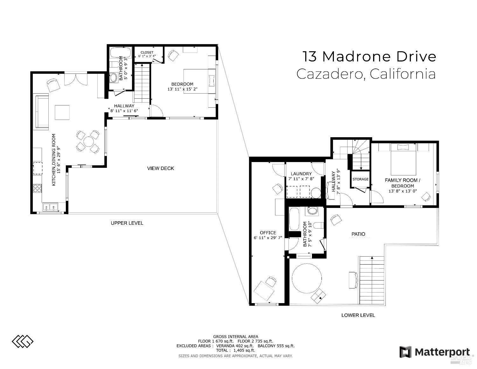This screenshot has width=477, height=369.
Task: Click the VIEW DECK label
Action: (x=160, y=168)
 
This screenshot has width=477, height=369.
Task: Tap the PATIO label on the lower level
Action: (x=358, y=234)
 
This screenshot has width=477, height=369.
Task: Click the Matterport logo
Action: (x=435, y=352)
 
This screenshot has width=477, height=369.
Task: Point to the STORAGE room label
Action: (x=360, y=179)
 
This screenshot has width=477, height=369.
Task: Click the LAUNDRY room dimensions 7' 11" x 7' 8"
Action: (x=301, y=179)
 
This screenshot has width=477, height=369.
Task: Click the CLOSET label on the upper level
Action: (x=147, y=52)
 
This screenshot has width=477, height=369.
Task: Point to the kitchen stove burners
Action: (x=38, y=188)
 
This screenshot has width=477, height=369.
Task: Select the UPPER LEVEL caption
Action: (x=127, y=223)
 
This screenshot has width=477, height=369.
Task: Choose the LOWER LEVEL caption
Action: (x=358, y=315)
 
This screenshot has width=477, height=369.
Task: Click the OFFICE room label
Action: (x=268, y=233)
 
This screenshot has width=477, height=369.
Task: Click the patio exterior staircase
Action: (x=372, y=280)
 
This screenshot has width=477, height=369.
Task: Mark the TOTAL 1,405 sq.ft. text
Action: (x=235, y=350)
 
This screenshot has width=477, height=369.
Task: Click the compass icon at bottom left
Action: (x=23, y=342)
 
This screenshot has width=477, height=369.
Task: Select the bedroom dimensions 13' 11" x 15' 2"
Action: (x=183, y=89)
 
